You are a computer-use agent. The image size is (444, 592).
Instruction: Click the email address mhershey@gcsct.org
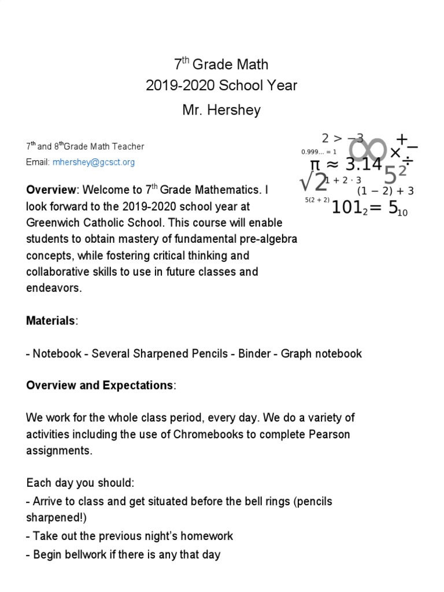click(x=93, y=162)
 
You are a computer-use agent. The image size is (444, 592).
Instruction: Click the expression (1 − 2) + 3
click(x=385, y=191)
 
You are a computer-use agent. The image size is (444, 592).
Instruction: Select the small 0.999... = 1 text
click(x=319, y=152)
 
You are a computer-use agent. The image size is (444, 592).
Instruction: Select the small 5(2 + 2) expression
click(x=317, y=200)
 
